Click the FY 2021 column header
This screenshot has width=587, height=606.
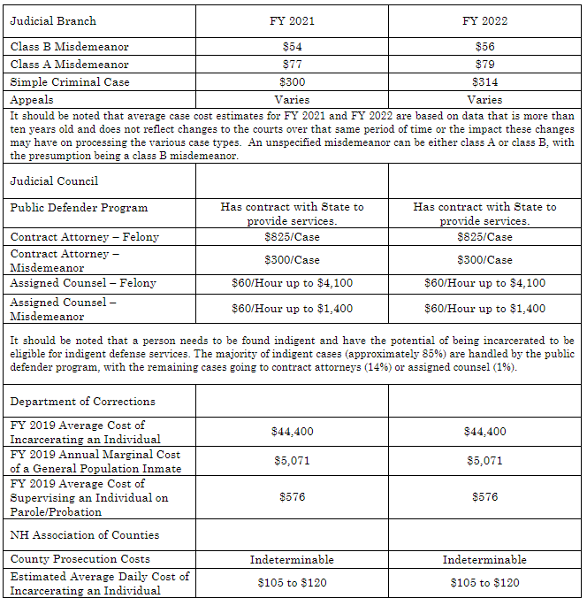292,20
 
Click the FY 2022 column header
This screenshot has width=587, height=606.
484,20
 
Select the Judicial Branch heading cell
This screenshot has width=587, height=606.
53,20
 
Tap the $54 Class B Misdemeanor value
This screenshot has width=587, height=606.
292,47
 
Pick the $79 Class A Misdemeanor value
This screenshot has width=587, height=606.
484,65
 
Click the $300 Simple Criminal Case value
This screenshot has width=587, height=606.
292,82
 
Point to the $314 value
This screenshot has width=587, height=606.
484,82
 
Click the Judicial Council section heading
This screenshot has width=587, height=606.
54,181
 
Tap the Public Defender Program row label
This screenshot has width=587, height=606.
79,208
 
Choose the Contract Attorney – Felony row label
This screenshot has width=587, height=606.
84,237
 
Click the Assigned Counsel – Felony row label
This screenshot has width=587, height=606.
83,283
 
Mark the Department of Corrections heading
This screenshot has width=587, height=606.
82,402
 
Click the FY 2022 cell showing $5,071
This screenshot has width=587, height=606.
484,461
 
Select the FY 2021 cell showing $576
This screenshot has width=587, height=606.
292,497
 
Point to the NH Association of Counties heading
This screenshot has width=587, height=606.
85,535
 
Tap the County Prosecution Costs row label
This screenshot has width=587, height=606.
80,559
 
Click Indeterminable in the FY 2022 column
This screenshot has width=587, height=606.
484,559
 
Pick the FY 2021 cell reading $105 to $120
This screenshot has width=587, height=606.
292,583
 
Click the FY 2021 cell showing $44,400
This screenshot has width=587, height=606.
292,432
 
